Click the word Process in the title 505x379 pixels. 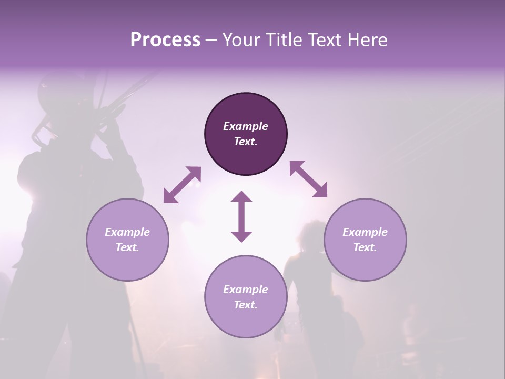tap(165, 40)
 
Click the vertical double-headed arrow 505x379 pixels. tap(241, 216)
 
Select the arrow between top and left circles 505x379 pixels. tap(182, 184)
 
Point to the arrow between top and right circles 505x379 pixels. tap(308, 179)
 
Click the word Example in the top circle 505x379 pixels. tap(246, 126)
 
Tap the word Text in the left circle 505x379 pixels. tap(127, 247)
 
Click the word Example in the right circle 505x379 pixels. tap(365, 232)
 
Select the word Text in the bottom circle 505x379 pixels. tap(246, 305)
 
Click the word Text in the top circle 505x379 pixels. tap(246, 142)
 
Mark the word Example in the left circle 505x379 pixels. tap(127, 232)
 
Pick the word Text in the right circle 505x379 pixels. tap(365, 247)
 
